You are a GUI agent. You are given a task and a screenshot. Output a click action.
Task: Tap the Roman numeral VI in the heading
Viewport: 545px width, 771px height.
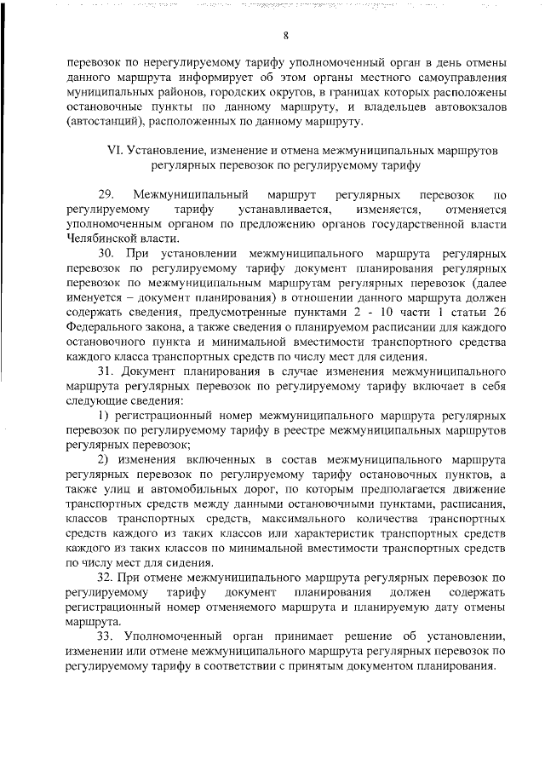point(115,149)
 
